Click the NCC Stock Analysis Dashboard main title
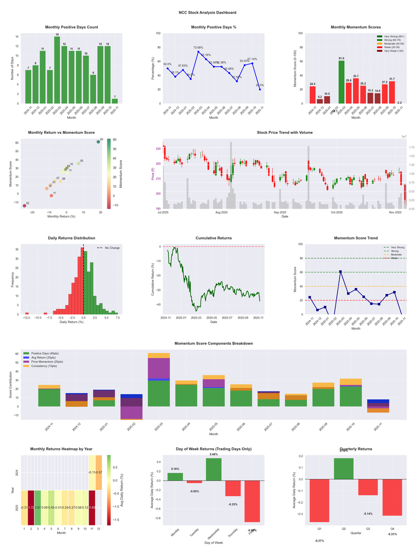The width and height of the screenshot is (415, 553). click(207, 12)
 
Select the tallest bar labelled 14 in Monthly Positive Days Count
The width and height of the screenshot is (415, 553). click(57, 70)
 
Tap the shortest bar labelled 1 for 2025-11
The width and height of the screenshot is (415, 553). click(115, 101)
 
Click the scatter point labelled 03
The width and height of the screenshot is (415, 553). click(98, 142)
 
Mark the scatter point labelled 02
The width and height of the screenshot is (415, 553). click(24, 206)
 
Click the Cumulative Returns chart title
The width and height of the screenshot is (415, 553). click(214, 238)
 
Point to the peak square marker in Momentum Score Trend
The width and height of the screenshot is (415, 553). click(340, 271)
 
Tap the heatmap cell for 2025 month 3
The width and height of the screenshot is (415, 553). click(38, 507)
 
